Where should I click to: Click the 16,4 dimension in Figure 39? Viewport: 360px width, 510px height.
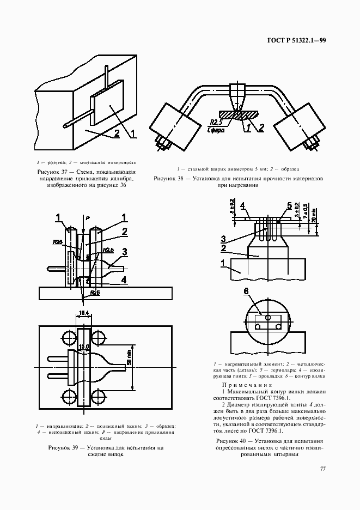(84, 313)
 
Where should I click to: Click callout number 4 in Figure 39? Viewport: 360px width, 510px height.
(125, 280)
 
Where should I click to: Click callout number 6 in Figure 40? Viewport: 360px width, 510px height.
(247, 293)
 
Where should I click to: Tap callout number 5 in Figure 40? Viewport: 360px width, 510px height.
(289, 205)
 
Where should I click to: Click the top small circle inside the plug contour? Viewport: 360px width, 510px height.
(267, 315)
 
